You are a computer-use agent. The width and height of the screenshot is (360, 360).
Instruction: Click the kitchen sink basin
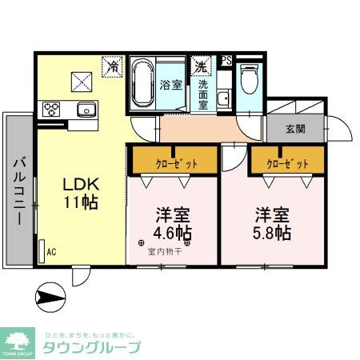[86, 109]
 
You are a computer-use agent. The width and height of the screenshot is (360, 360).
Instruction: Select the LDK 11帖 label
[81, 193]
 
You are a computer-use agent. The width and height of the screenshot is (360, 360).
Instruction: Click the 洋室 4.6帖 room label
[173, 225]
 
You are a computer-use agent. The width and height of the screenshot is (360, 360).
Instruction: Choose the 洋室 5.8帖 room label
[273, 225]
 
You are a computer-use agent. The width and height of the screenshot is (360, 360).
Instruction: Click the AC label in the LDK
[51, 250]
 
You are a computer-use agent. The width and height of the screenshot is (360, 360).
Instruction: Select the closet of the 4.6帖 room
[174, 162]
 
